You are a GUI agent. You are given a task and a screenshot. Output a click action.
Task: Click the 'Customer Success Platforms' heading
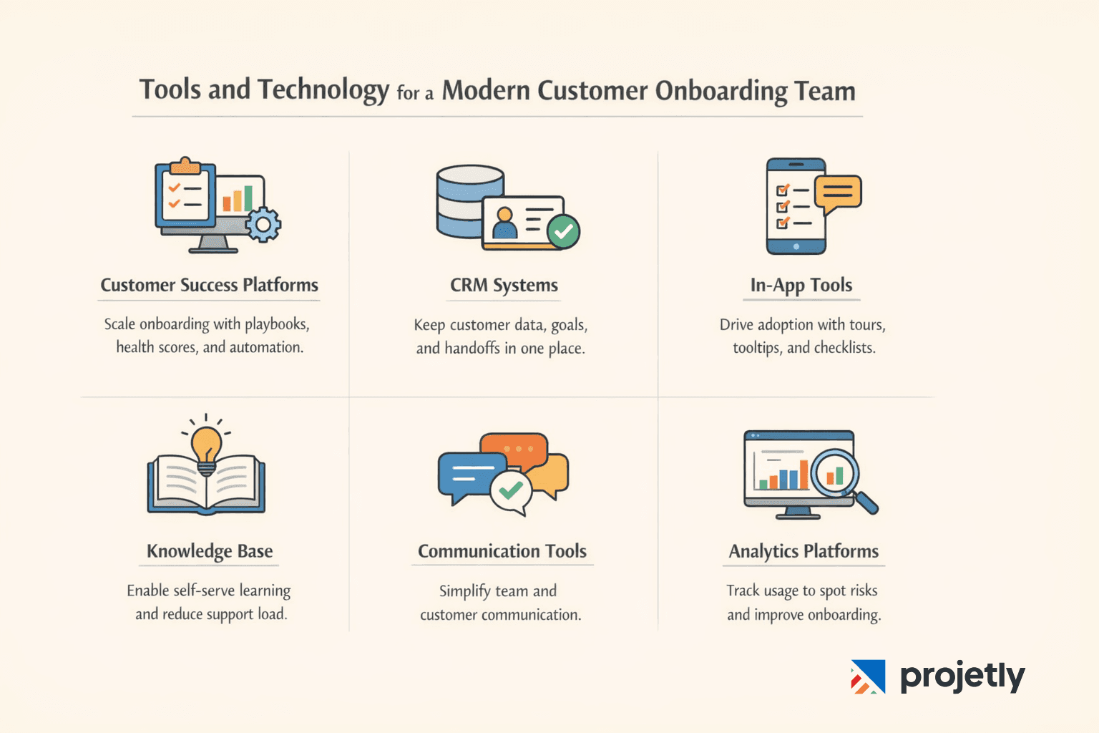209,285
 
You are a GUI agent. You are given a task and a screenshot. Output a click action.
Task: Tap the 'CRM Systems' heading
504,285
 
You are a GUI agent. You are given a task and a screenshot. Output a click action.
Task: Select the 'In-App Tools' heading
801,285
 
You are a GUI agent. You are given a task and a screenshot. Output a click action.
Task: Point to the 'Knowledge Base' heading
210,551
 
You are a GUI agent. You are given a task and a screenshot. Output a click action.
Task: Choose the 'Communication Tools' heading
502,551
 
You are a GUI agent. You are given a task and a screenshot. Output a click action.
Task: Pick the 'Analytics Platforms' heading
804,551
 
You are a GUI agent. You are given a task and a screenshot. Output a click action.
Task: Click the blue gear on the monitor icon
263,225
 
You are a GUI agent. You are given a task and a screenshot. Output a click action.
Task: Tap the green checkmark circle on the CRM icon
564,231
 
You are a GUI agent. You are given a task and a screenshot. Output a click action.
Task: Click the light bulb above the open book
206,444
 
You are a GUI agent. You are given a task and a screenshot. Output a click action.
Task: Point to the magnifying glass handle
866,503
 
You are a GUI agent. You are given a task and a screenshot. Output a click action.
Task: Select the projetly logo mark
868,676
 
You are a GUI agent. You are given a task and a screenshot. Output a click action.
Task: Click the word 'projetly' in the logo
962,676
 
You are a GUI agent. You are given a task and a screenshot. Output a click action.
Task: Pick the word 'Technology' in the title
323,90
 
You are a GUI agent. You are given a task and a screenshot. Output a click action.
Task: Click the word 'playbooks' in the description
276,324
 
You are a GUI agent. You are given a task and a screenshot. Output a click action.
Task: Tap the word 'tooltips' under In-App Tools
756,348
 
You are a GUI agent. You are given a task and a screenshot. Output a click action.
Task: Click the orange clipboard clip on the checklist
185,166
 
